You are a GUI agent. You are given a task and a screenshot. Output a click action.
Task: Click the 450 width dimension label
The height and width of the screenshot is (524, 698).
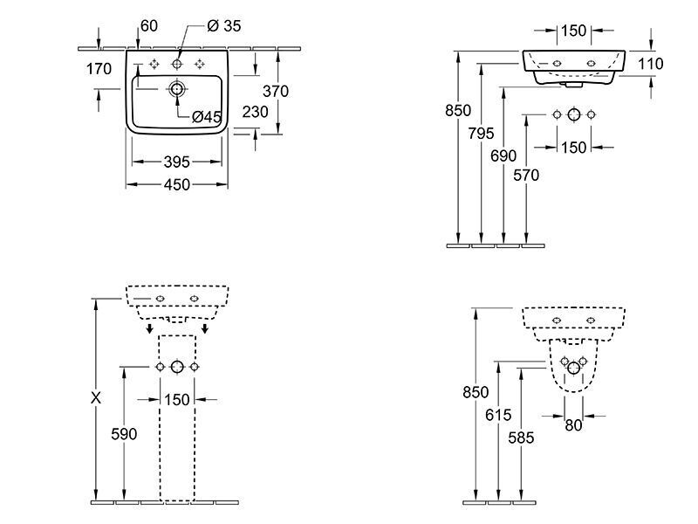pos(177,184)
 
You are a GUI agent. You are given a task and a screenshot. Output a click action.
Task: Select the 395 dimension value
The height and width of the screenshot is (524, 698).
pos(177,162)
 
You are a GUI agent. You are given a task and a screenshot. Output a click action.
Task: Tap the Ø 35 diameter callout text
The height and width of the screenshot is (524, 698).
pos(224,26)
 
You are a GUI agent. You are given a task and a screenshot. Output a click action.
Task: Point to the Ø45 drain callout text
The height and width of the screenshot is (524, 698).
pos(207,117)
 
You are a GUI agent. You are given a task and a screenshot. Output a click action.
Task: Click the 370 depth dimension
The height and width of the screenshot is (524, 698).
pos(276,92)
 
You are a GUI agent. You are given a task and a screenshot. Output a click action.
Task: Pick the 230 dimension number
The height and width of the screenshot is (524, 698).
pos(255,112)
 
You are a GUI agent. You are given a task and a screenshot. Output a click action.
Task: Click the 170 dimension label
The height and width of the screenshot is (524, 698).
pos(99,69)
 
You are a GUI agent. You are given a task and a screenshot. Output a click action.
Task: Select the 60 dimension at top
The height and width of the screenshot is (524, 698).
pos(149,26)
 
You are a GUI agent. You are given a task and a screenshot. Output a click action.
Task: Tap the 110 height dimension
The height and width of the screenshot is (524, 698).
pos(650,64)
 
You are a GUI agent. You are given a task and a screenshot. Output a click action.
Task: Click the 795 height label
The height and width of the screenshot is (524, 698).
pos(481,134)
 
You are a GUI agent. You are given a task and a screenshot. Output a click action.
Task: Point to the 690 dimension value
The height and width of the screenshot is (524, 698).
pos(503,156)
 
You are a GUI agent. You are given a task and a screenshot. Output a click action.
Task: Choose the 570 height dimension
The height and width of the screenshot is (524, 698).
pos(526,176)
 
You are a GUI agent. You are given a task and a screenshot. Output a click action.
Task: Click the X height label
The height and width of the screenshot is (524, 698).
pos(96,398)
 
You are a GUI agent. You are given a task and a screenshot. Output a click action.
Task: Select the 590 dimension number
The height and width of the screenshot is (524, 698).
pos(124,434)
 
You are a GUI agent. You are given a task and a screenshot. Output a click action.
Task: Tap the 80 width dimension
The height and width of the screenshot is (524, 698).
pos(573,426)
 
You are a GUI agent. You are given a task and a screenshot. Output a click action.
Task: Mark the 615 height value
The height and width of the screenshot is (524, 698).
pos(498,416)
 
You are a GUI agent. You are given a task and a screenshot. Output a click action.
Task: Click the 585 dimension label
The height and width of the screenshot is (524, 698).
pos(521,438)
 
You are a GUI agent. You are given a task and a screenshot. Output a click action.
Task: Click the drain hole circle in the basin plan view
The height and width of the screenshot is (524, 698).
pos(177,89)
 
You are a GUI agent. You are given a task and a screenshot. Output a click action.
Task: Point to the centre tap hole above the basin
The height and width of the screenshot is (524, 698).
pos(177,64)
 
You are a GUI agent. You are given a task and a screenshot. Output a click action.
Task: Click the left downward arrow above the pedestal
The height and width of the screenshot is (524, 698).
pos(150,329)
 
